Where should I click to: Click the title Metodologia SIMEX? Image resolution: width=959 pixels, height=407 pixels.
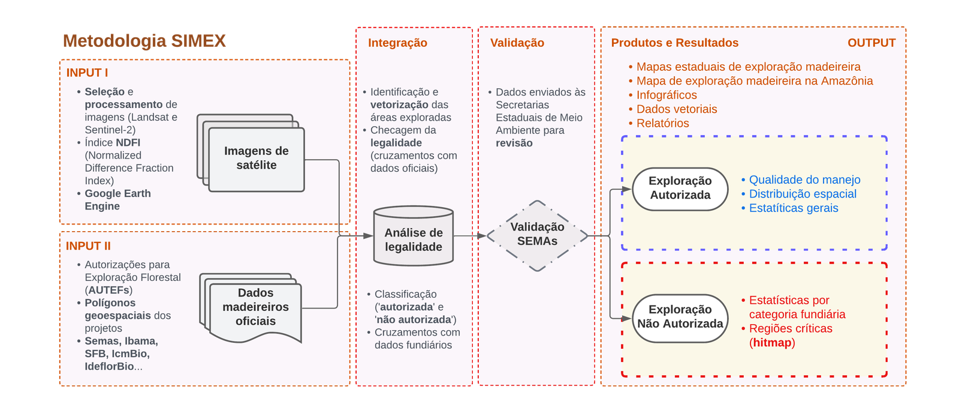(144, 41)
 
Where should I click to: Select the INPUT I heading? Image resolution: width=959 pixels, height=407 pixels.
(87, 73)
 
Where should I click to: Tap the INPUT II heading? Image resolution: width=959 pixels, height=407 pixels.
(88, 246)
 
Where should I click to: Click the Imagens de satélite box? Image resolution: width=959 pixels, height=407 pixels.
(256, 158)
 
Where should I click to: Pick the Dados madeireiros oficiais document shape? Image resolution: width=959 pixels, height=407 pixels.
(255, 307)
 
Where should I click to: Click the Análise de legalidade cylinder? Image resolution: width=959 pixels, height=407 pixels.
(414, 240)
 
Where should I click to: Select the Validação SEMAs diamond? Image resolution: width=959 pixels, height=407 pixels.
(537, 234)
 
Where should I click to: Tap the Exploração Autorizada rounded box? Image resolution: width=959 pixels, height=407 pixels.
(680, 188)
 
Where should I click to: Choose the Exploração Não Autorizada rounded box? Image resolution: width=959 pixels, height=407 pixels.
(680, 317)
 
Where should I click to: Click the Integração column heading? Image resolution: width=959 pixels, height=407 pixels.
(397, 43)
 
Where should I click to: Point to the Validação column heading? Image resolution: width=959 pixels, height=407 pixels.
(517, 43)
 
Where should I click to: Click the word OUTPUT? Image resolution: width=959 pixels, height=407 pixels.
(871, 43)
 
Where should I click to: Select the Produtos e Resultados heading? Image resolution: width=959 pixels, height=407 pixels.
(674, 43)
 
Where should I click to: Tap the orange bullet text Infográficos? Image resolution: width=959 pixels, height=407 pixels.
(667, 95)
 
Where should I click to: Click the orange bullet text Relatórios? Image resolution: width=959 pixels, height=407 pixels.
(662, 123)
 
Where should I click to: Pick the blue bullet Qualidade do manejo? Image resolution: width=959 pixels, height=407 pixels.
(804, 179)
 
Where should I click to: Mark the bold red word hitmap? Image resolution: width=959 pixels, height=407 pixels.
(772, 343)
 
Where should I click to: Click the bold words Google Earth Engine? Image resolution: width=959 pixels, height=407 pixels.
(117, 200)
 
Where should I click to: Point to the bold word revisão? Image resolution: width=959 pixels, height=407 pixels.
(514, 143)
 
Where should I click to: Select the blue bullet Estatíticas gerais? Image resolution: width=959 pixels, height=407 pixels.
(794, 208)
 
